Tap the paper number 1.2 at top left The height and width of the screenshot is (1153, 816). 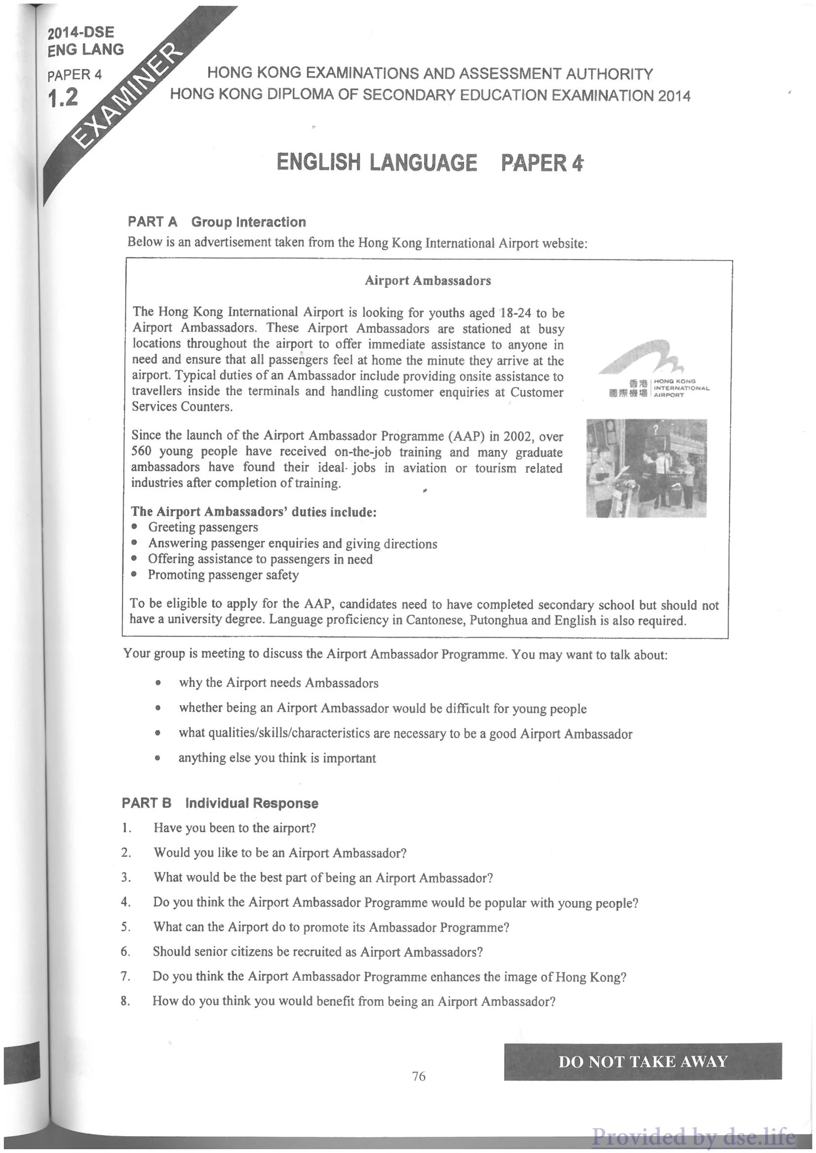tap(63, 97)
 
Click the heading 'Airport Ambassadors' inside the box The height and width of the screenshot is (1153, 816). tap(427, 281)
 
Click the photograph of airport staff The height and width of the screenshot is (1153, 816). tap(646, 468)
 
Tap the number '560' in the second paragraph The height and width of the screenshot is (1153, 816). tap(141, 451)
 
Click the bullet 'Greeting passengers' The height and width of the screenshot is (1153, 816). tap(203, 527)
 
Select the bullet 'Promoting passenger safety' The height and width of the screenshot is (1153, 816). tap(223, 575)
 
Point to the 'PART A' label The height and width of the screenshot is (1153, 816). tap(152, 222)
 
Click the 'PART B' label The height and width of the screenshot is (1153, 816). tap(146, 803)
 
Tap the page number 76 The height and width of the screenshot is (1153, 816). tap(419, 1076)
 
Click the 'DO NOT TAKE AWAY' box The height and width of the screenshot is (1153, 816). tap(643, 1062)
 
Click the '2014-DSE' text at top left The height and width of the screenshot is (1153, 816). tap(81, 33)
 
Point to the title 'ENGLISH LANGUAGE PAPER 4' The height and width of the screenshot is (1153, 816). tap(429, 163)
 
